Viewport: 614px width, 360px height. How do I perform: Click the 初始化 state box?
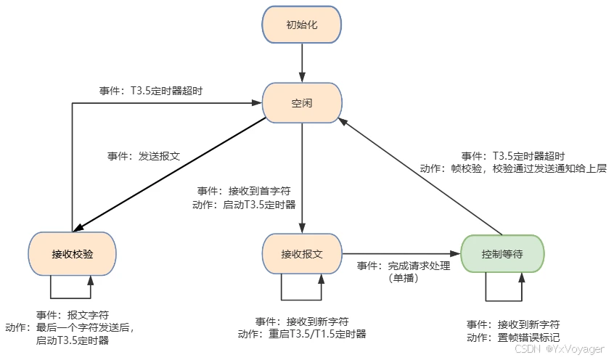tap(301, 25)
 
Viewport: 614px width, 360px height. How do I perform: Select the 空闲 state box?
tap(301, 103)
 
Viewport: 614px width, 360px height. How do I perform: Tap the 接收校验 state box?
tap(72, 254)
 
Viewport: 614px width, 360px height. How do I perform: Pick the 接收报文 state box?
tap(301, 254)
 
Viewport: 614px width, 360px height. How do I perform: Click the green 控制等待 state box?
tap(502, 254)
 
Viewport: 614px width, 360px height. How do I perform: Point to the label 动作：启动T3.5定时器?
tap(244, 205)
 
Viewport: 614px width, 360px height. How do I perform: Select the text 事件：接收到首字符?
tap(244, 191)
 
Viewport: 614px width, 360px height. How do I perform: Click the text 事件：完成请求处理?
tap(404, 266)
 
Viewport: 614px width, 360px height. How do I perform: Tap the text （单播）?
tap(404, 278)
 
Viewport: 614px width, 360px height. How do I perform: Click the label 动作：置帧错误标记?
tap(513, 337)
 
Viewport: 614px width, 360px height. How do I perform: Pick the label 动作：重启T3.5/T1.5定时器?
tap(302, 335)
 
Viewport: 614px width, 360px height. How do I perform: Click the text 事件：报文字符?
tap(73, 316)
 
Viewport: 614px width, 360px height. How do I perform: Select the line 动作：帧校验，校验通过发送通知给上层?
tap(512, 168)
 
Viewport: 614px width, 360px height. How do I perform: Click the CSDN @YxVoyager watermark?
tap(559, 350)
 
